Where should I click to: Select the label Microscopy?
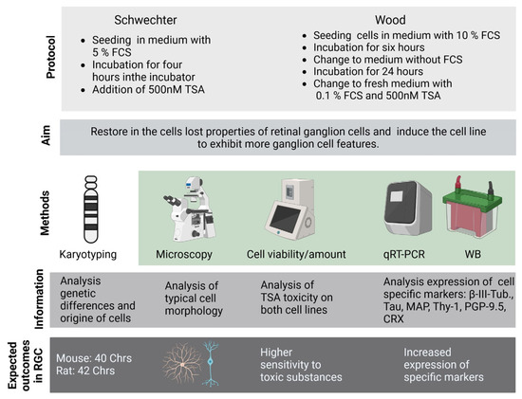(x=188, y=254)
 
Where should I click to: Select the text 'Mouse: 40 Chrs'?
(x=98, y=358)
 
